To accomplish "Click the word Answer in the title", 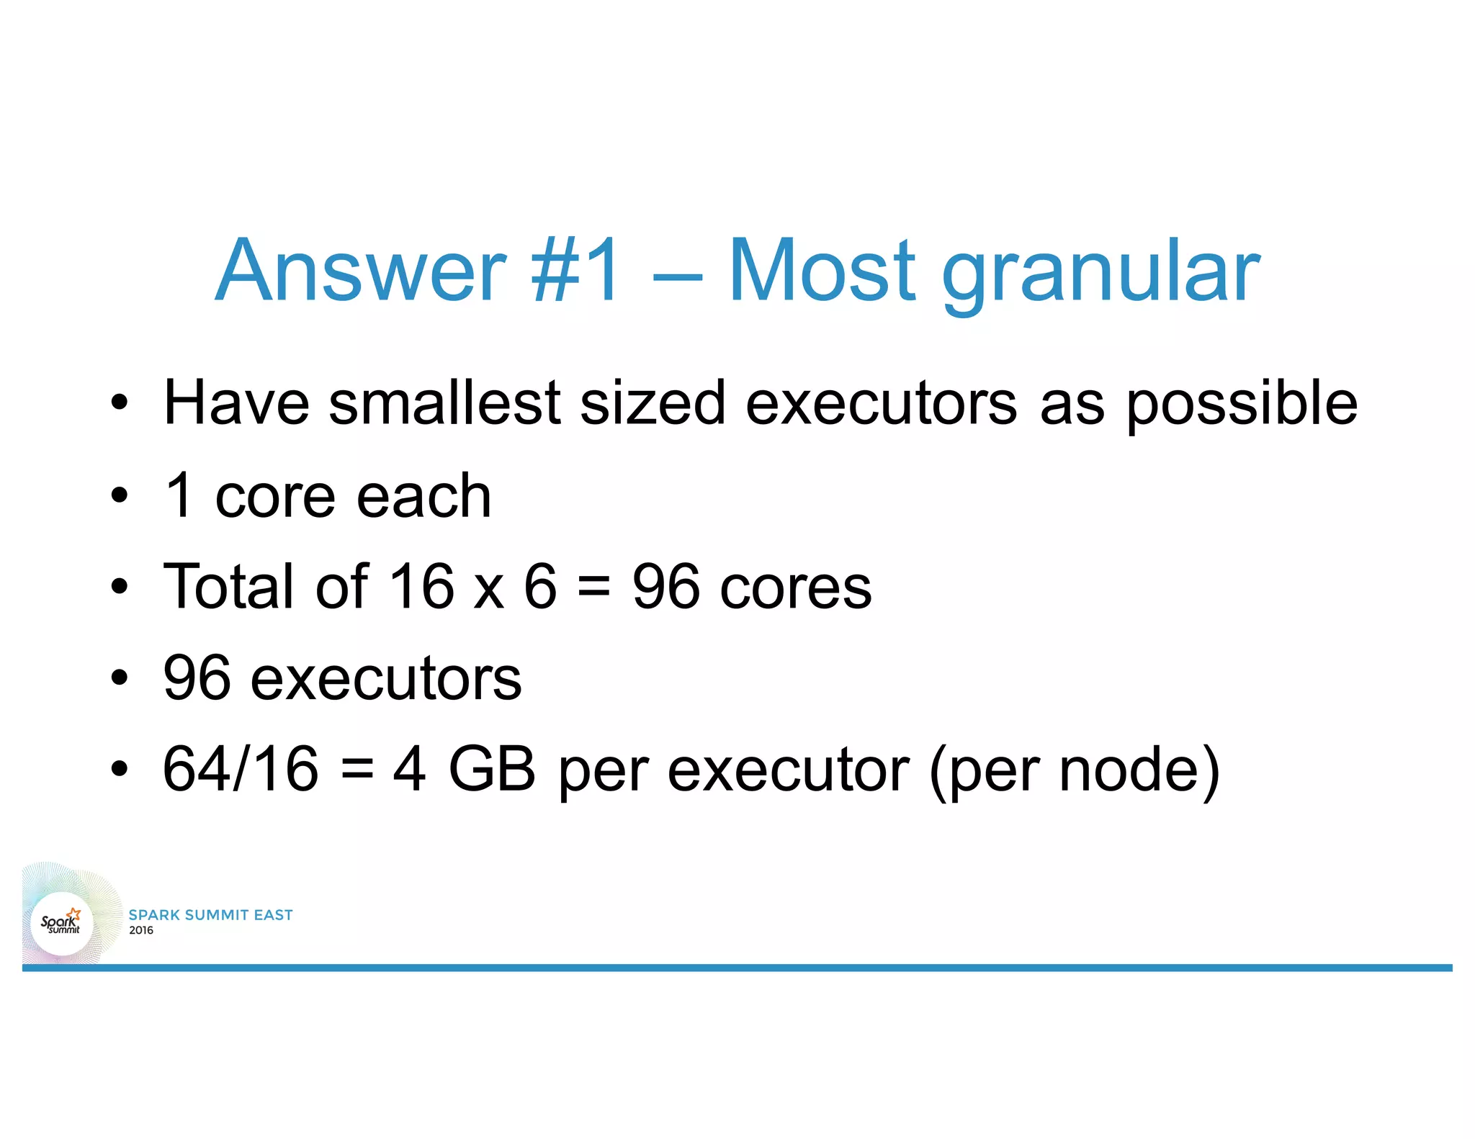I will (361, 271).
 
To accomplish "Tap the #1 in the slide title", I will (575, 271).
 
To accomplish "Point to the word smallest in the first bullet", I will (444, 403).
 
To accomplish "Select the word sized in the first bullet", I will (652, 403).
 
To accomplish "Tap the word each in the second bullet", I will (424, 496).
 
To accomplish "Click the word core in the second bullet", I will (274, 498).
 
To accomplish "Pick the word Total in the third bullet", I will (230, 586).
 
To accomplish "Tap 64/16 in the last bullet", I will (241, 769).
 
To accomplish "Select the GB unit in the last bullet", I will (492, 769).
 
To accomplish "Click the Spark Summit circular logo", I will (62, 923).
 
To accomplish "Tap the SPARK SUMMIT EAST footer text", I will (210, 915).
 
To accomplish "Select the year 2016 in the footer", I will (141, 930).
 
